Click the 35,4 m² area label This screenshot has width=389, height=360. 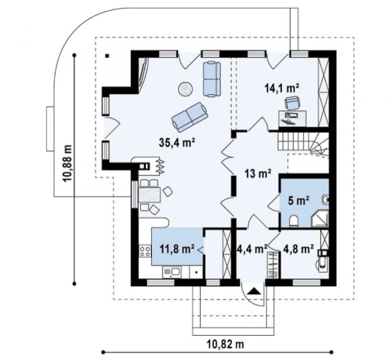click(x=176, y=143)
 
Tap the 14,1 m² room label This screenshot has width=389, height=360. click(x=282, y=88)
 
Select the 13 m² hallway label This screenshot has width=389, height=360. click(x=258, y=173)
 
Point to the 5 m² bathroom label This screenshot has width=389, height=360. click(x=299, y=200)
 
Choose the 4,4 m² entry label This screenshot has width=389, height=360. click(x=252, y=249)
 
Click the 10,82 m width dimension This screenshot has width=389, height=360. click(x=225, y=344)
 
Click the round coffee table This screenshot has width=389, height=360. click(x=185, y=89)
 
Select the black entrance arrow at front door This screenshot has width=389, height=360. click(x=254, y=291)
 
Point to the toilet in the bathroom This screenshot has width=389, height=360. click(x=294, y=221)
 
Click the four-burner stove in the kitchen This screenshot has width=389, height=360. click(x=144, y=251)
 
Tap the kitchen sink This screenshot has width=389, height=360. click(x=172, y=272)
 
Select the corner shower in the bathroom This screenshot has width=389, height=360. click(x=319, y=218)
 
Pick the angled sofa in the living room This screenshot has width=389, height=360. click(x=189, y=117)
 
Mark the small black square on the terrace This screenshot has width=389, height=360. click(x=107, y=56)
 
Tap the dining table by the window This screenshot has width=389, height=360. click(x=150, y=196)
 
